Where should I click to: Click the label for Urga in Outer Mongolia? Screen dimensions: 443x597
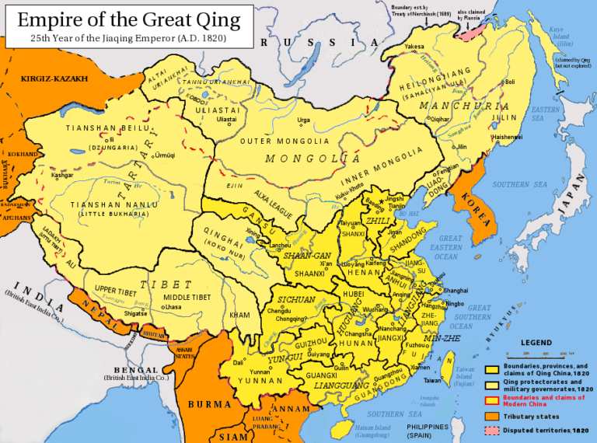(303, 120)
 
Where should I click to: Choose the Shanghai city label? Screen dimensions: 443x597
(456, 290)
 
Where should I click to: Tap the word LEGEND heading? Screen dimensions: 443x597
(536, 343)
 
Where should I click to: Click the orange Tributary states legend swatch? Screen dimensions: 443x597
(491, 415)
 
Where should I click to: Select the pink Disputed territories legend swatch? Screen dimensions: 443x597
(491, 430)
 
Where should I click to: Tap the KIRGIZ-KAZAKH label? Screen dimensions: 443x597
(54, 78)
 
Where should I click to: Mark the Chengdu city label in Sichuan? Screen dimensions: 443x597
(279, 311)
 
